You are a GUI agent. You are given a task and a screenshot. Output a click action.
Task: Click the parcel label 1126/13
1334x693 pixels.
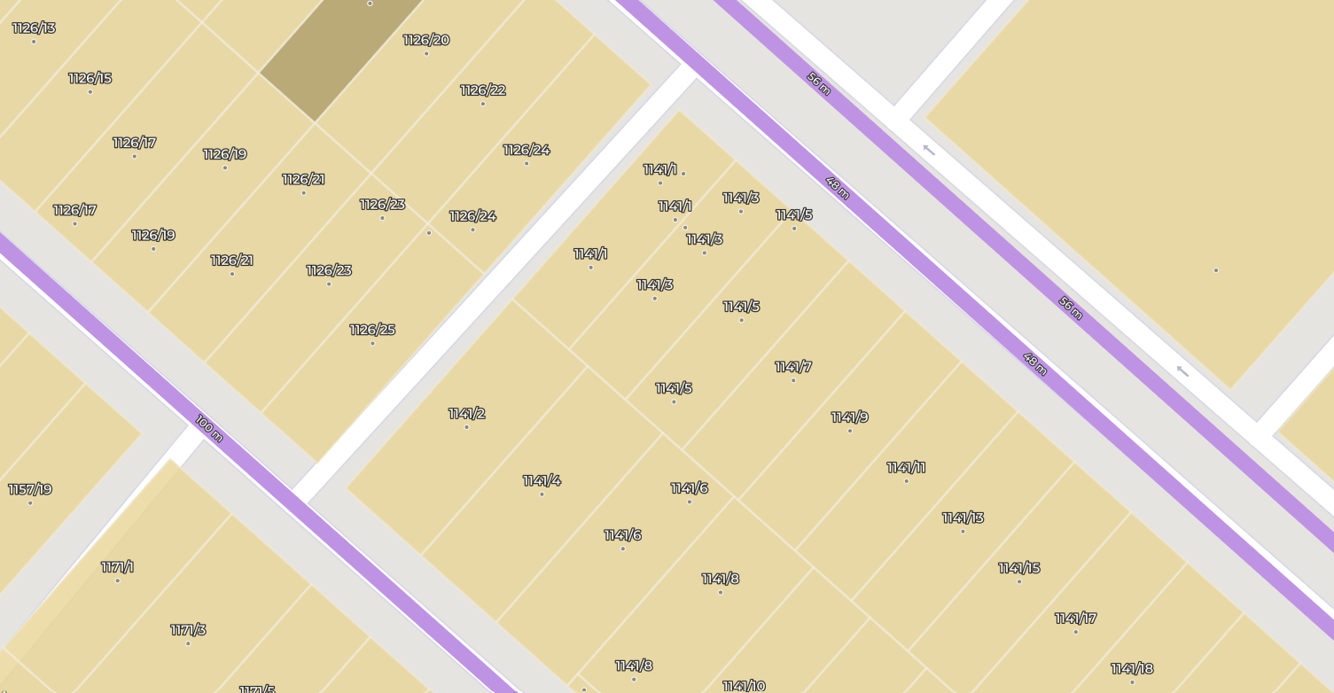[34, 28]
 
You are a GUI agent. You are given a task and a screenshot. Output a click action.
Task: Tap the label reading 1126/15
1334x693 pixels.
[90, 79]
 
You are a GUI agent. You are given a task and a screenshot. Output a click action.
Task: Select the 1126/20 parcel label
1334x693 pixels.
[425, 41]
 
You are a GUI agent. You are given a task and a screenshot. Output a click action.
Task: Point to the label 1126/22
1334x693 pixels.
[482, 90]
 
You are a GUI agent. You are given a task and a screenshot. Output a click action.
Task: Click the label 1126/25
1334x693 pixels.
[372, 331]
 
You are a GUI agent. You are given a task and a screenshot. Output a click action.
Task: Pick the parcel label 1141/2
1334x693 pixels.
[466, 414]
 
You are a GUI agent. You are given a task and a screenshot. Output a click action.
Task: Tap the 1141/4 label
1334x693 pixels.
[542, 481]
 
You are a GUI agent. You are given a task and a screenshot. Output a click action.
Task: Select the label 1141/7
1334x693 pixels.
[792, 367]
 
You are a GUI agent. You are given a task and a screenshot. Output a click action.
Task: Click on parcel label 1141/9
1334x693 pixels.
[849, 417]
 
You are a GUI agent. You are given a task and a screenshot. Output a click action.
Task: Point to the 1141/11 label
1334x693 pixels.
[906, 468]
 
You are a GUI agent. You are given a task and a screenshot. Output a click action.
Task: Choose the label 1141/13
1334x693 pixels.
[963, 518]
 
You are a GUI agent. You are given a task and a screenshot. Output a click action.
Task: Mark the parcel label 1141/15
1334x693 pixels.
[1018, 568]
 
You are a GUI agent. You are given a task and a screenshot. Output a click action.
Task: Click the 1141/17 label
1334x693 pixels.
[1075, 619]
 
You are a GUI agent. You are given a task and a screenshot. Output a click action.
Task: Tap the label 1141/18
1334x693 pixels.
[1132, 669]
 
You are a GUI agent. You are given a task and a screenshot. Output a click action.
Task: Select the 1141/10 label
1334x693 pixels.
[743, 686]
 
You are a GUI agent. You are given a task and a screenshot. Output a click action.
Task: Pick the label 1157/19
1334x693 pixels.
[30, 490]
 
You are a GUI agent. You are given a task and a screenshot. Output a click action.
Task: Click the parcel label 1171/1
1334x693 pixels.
[117, 567]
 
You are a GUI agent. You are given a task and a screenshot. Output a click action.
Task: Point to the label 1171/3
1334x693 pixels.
[188, 630]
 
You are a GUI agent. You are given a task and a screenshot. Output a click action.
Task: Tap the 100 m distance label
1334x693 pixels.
[208, 428]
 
